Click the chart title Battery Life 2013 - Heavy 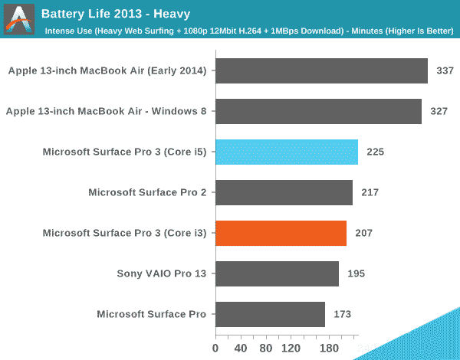pyautogui.click(x=116, y=14)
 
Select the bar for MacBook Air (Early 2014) pyautogui.click(x=321, y=71)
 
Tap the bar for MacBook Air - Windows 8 pyautogui.click(x=318, y=112)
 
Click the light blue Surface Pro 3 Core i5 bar pyautogui.click(x=287, y=152)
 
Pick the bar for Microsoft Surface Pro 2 pyautogui.click(x=284, y=192)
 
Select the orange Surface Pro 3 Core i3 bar pyautogui.click(x=281, y=233)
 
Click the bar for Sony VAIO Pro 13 pyautogui.click(x=277, y=273)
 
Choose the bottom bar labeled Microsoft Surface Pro pyautogui.click(x=270, y=314)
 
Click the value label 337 pyautogui.click(x=445, y=71)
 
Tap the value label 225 pyautogui.click(x=375, y=152)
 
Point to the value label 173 pyautogui.click(x=342, y=314)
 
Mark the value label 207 pyautogui.click(x=363, y=233)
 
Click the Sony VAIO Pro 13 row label pyautogui.click(x=161, y=273)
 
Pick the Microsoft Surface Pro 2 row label pyautogui.click(x=147, y=192)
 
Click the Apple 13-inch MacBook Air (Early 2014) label pyautogui.click(x=107, y=71)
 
